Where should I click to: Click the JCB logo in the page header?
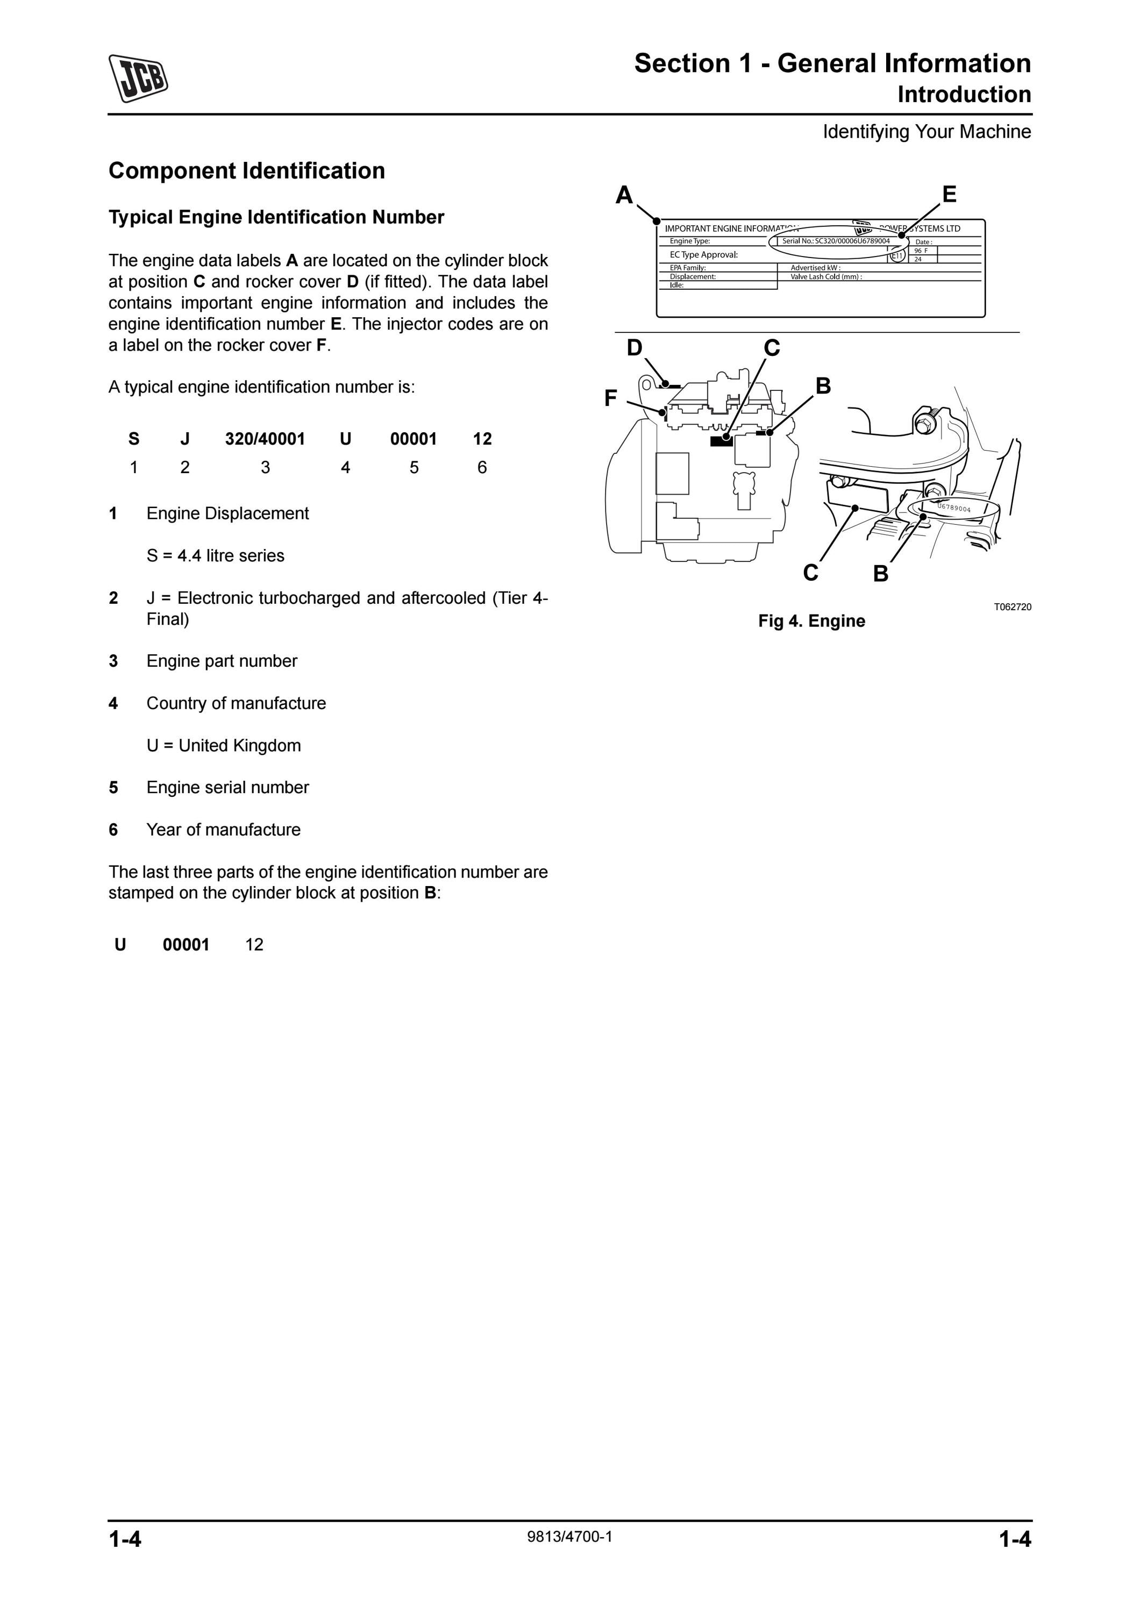(138, 77)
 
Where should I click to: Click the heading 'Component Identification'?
(246, 171)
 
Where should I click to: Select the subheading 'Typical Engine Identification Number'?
(276, 217)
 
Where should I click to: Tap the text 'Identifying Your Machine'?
(927, 131)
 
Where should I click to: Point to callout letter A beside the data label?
(624, 195)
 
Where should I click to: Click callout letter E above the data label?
(949, 194)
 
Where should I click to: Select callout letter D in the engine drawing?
(635, 348)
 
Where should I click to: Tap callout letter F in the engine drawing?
(610, 398)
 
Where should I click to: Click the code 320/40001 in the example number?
(265, 439)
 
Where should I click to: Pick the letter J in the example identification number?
(185, 439)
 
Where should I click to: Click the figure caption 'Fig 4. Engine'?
(811, 621)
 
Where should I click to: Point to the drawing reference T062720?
(1012, 607)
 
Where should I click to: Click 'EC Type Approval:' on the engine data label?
(703, 254)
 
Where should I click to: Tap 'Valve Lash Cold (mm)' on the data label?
(826, 277)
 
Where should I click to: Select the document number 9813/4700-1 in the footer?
(569, 1537)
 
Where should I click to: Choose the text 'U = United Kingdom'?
(223, 745)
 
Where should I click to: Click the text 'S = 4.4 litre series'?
(216, 556)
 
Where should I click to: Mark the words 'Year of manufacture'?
(223, 830)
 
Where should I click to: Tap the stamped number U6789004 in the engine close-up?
(954, 507)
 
